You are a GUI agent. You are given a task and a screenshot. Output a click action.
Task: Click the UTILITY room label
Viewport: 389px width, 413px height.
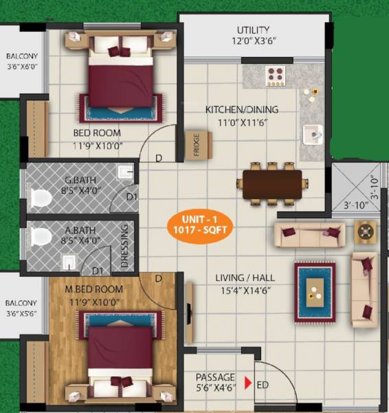click(253, 30)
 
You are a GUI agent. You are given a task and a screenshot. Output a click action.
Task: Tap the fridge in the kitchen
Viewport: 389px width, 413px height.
click(198, 145)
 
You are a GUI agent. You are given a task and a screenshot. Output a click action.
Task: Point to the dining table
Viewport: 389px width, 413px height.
click(272, 184)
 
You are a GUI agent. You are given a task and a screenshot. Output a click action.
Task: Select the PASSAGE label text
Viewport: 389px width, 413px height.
click(215, 377)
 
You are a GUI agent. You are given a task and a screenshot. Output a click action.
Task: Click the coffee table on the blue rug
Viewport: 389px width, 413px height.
click(315, 292)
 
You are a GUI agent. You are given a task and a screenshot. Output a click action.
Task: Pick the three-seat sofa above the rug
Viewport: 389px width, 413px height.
click(309, 234)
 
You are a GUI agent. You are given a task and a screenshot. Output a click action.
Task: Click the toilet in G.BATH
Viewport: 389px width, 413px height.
click(41, 199)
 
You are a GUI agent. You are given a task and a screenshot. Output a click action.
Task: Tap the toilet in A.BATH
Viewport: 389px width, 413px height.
click(41, 237)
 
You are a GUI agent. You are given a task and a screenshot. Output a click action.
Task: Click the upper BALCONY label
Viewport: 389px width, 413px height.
click(22, 56)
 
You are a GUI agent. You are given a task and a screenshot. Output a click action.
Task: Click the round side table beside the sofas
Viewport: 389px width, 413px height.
click(365, 232)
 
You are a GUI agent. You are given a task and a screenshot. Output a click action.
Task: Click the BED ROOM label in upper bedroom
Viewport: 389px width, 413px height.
click(97, 133)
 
